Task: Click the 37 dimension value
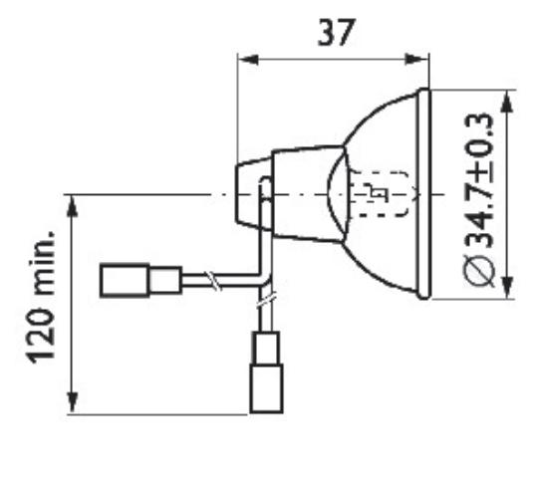pos(336,33)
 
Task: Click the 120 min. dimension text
pos(41,297)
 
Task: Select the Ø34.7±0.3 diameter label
pos(479,200)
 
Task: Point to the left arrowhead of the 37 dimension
pos(248,60)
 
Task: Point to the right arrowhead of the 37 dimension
pos(417,59)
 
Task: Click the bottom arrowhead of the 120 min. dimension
pos(73,402)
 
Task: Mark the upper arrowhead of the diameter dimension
pos(507,102)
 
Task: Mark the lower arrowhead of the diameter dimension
pos(507,288)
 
